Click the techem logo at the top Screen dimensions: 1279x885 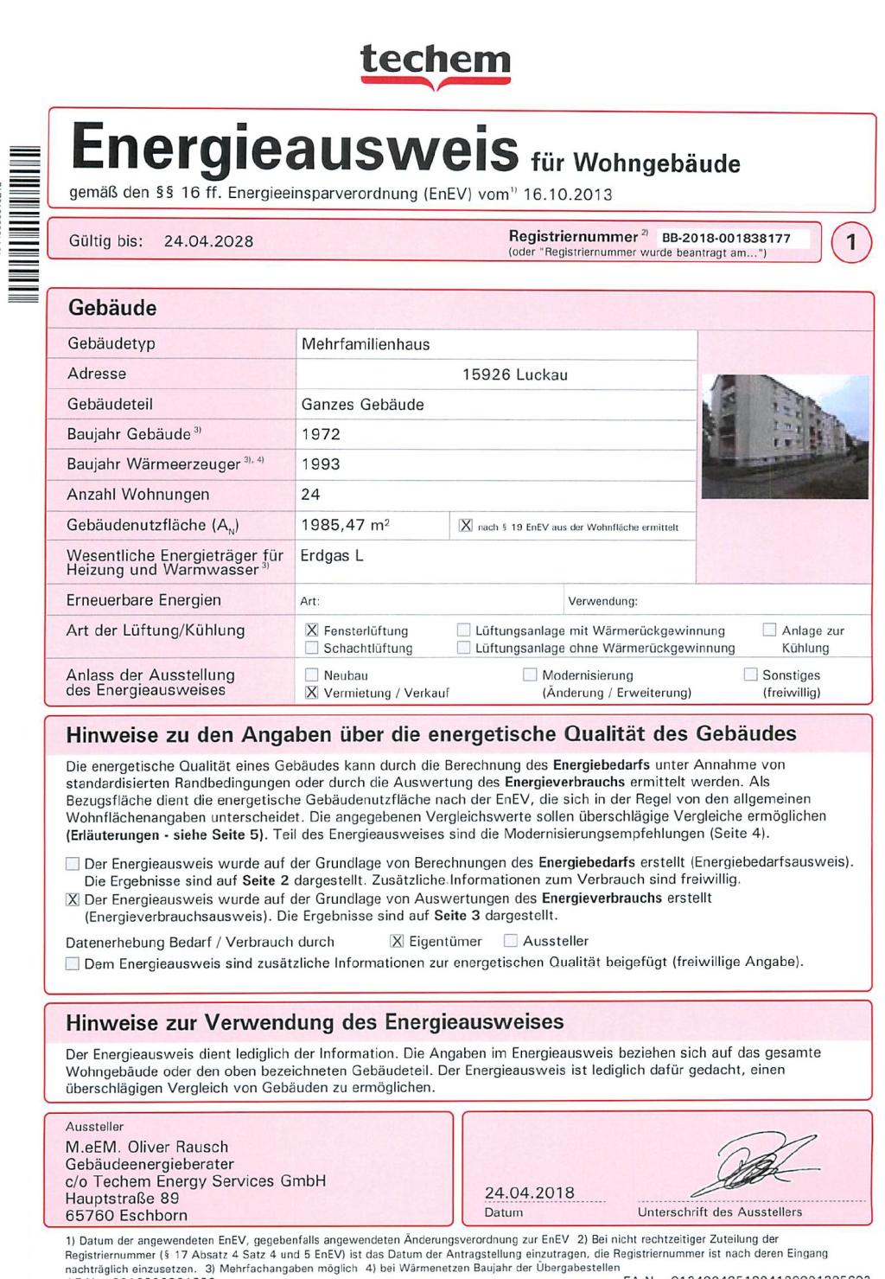click(x=436, y=62)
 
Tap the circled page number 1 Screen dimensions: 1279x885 click(x=851, y=242)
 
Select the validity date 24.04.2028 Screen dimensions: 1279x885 click(x=208, y=241)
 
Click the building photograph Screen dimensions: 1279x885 click(x=785, y=437)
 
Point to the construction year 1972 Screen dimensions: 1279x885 click(x=321, y=434)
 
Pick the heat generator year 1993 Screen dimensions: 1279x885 click(x=321, y=464)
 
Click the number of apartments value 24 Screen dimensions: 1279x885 click(x=311, y=495)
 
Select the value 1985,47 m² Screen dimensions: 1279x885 click(x=345, y=525)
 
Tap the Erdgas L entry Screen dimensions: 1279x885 click(x=332, y=556)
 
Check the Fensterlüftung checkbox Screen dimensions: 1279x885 click(x=312, y=630)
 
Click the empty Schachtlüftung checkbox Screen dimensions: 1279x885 click(x=312, y=648)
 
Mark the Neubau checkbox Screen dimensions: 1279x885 click(x=312, y=675)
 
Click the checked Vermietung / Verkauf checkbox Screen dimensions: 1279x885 click(x=312, y=692)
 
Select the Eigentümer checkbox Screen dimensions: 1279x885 click(x=397, y=941)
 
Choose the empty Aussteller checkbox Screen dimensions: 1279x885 click(x=511, y=941)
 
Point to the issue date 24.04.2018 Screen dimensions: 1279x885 click(x=530, y=1193)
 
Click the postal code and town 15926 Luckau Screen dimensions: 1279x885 click(x=515, y=374)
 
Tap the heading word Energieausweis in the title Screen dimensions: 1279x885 click(x=294, y=148)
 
